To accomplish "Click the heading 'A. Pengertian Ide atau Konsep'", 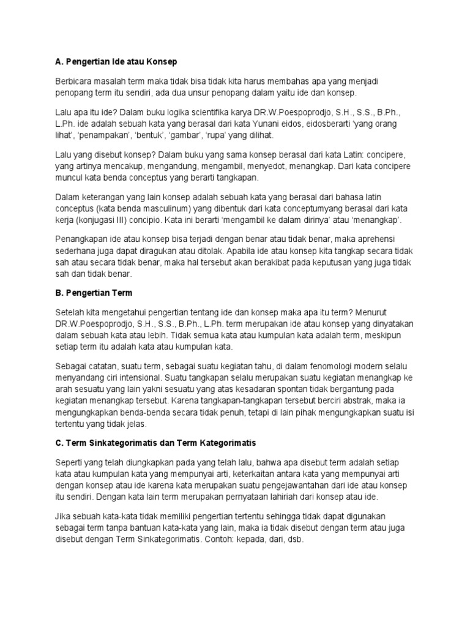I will point(116,62).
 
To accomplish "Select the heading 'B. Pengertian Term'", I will point(94,293).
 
